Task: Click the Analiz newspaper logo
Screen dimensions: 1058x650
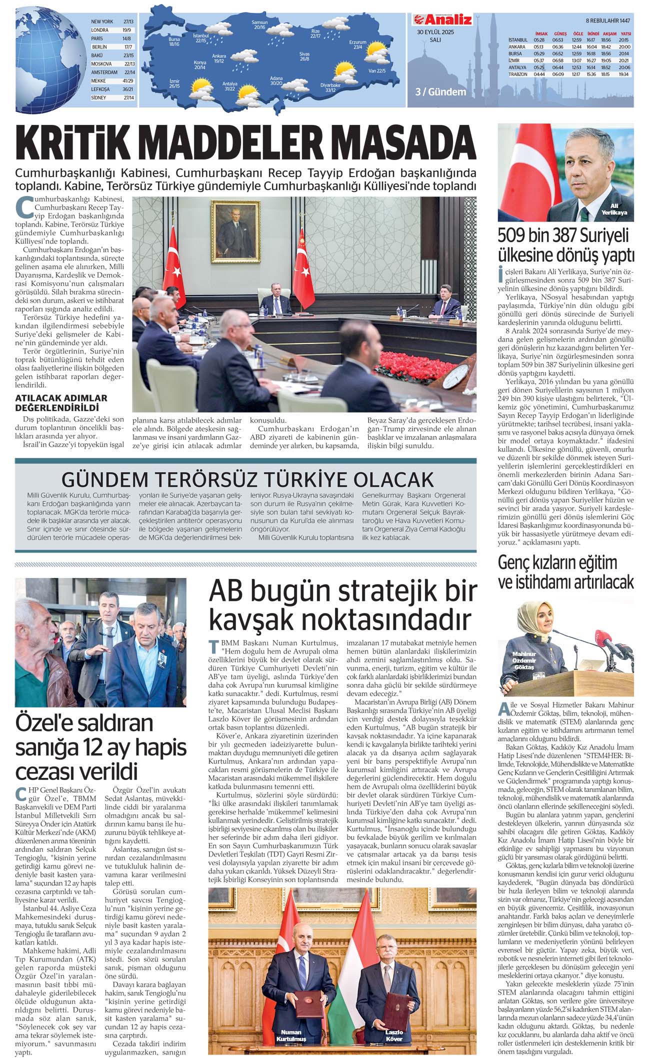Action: pyautogui.click(x=442, y=19)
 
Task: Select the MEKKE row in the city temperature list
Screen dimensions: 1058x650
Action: pyautogui.click(x=112, y=80)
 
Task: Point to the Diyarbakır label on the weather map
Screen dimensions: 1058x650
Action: pyautogui.click(x=330, y=87)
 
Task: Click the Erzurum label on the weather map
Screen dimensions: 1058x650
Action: pyautogui.click(x=357, y=44)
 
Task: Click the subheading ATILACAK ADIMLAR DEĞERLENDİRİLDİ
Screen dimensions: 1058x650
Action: pyautogui.click(x=61, y=402)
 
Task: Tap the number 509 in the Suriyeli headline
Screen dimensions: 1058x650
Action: pyautogui.click(x=513, y=236)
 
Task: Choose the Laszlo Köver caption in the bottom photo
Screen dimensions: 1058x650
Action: pyautogui.click(x=394, y=1035)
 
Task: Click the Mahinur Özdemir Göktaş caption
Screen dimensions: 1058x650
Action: pyautogui.click(x=524, y=660)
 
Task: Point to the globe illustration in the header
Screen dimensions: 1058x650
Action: pyautogui.click(x=50, y=56)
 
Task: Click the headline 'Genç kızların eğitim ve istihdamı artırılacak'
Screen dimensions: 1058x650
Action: pyautogui.click(x=565, y=572)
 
